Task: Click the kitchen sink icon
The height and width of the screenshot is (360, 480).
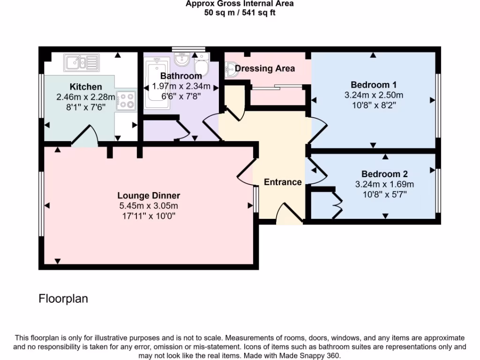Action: pos(82,62)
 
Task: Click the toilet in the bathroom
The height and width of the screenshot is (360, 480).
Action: pos(201,64)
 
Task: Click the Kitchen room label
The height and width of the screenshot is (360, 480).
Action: pos(86,87)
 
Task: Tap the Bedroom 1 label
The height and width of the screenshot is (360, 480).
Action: pos(374,85)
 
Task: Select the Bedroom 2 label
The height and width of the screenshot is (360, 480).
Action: pos(381,174)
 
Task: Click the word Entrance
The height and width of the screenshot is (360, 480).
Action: pos(283,182)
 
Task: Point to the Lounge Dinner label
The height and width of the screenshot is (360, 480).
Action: pos(149,195)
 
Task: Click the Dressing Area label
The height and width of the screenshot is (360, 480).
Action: pos(265,68)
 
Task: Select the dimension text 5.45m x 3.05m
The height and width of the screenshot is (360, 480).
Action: pos(149,206)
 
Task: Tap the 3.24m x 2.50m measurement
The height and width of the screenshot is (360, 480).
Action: pos(374,95)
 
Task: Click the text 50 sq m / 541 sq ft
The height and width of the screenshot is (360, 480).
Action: pos(240,13)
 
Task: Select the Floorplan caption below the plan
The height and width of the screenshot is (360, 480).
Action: pos(63,299)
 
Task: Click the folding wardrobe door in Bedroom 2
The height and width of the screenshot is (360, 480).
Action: pos(337,203)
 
